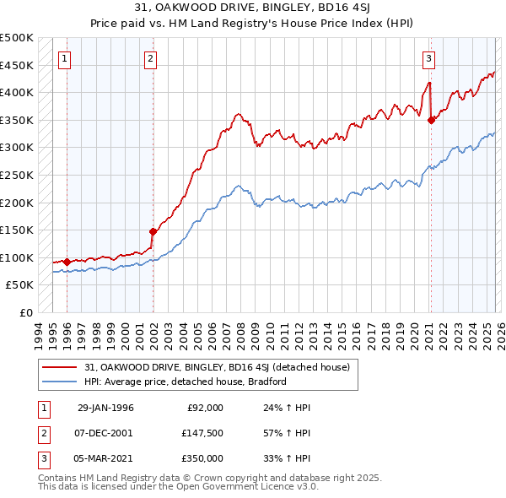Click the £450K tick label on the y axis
pyautogui.click(x=17, y=65)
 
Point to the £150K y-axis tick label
pyautogui.click(x=17, y=230)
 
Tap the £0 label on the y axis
pyautogui.click(x=24, y=312)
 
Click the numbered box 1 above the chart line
pyautogui.click(x=65, y=58)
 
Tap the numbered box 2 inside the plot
pyautogui.click(x=150, y=58)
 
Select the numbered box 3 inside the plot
pyautogui.click(x=428, y=58)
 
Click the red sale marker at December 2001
pyautogui.click(x=153, y=230)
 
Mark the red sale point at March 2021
pyautogui.click(x=431, y=120)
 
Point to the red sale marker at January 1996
pyautogui.click(x=67, y=262)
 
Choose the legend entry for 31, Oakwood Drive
pyautogui.click(x=222, y=366)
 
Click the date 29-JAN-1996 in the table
pyautogui.click(x=105, y=408)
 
